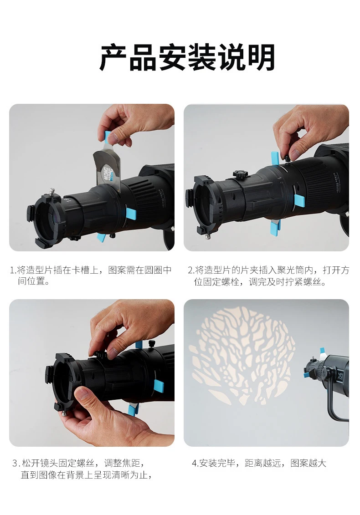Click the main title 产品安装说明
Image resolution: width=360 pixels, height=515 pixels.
pyautogui.click(x=187, y=57)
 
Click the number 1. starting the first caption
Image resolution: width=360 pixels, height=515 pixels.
pyautogui.click(x=13, y=270)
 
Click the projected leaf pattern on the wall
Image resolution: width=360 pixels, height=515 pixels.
pyautogui.click(x=242, y=355)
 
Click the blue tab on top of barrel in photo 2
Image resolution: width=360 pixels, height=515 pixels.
pyautogui.click(x=274, y=158)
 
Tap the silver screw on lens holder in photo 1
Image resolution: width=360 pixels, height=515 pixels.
pyautogui.click(x=51, y=192)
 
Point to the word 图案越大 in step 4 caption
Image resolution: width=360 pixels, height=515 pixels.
pyautogui.click(x=308, y=463)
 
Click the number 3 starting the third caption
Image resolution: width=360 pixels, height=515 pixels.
pyautogui.click(x=15, y=464)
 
